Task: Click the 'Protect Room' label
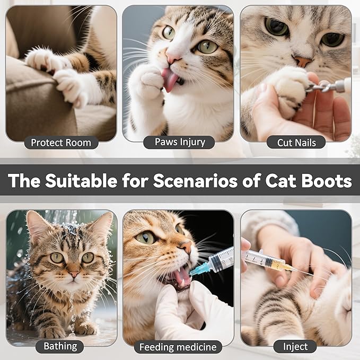pos(60,143)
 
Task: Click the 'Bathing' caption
pos(60,346)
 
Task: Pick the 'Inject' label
pos(295,347)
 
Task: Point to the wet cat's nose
pos(73,275)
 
